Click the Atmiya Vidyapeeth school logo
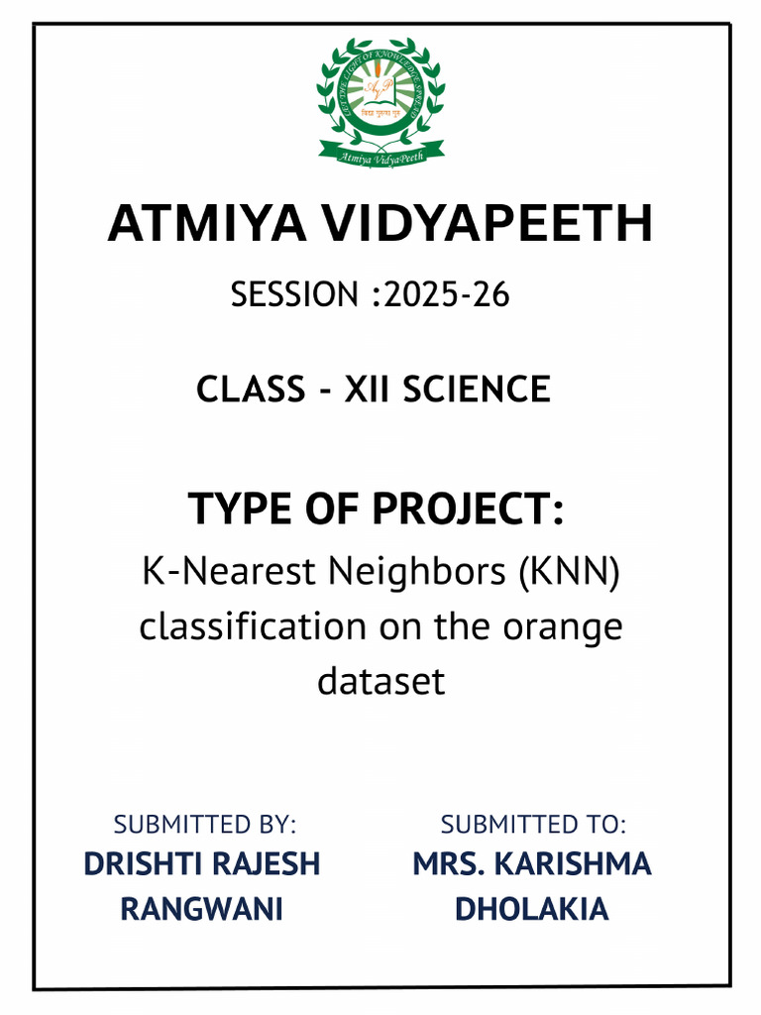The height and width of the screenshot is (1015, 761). tap(380, 101)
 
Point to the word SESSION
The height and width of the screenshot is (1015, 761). tap(293, 294)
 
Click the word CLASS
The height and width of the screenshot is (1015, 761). tap(251, 389)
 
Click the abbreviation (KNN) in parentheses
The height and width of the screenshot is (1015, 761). tap(566, 571)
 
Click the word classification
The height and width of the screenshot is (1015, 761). tap(252, 626)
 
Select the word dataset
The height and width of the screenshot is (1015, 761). tap(380, 681)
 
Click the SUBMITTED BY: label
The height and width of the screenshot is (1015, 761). tap(205, 824)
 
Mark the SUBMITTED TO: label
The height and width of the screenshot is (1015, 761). tap(533, 824)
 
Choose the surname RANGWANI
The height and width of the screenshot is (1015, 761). tap(202, 909)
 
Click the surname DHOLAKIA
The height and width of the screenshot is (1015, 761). tap(532, 909)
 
